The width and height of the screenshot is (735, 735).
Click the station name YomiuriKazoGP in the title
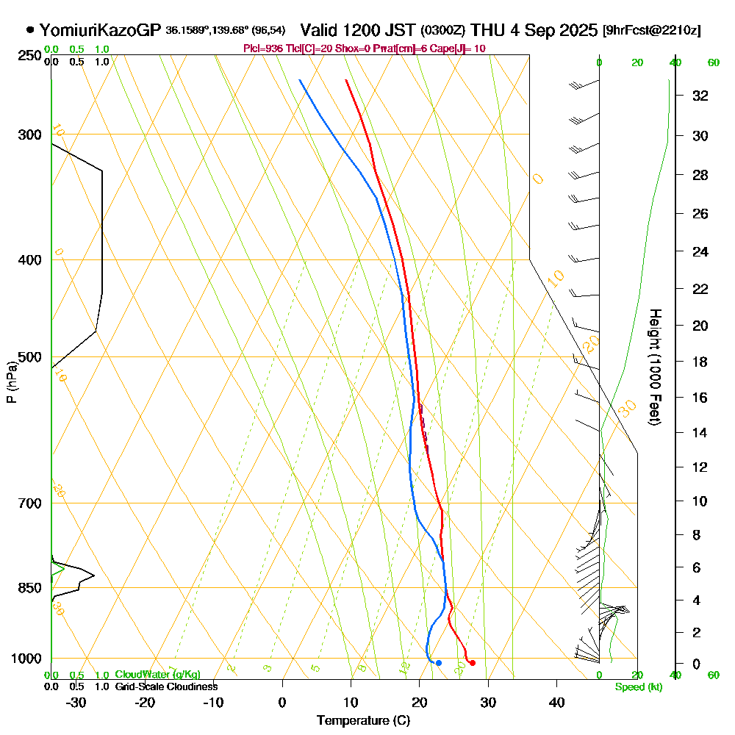100,30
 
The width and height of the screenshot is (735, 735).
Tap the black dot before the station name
30,30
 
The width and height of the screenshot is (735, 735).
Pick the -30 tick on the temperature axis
76,702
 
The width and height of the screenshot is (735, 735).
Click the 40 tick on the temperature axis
556,702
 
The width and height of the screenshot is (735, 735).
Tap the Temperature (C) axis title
363,720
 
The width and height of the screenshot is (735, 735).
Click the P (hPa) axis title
11,381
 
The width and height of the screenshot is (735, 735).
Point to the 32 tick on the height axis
700,96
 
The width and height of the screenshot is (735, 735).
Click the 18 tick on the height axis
700,362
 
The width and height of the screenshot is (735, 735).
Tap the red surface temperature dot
472,663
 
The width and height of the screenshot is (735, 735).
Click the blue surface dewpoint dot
438,663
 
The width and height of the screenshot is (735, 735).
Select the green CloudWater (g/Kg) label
157,675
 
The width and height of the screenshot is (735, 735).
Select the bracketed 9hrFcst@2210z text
651,31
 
